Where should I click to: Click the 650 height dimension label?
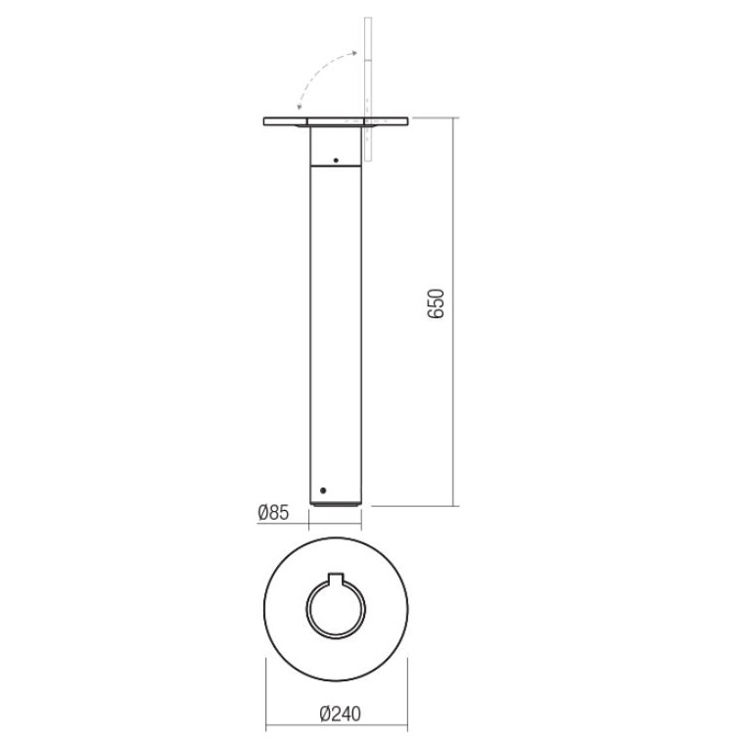click(436, 303)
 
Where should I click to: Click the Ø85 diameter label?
click(273, 512)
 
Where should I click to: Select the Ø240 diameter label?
click(340, 714)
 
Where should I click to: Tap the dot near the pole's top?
click(336, 161)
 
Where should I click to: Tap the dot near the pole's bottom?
click(323, 490)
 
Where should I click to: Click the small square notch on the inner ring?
click(336, 578)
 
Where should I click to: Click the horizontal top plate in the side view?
click(336, 121)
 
